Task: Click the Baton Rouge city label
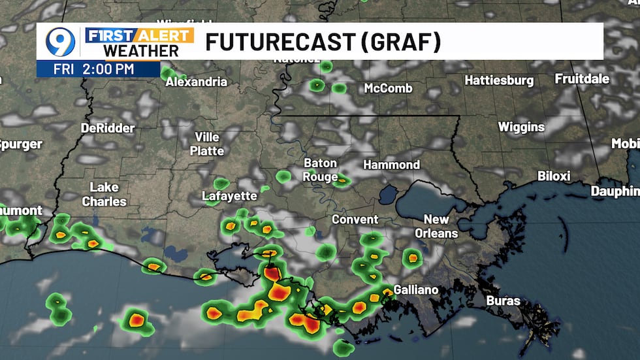click(x=320, y=170)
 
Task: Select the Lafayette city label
click(x=229, y=195)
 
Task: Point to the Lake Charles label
click(x=104, y=194)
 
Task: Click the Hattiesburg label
click(x=499, y=80)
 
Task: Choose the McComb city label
click(x=388, y=88)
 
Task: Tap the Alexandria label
click(x=196, y=82)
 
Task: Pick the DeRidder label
click(x=108, y=128)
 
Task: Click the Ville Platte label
click(x=207, y=144)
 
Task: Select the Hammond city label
click(x=391, y=165)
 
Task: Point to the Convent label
click(x=355, y=220)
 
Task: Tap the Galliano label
click(x=416, y=289)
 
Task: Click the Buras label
click(x=503, y=301)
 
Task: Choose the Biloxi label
click(x=554, y=176)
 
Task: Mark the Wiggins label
click(x=521, y=127)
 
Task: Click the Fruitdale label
click(x=582, y=78)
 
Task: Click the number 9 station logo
click(x=59, y=42)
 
